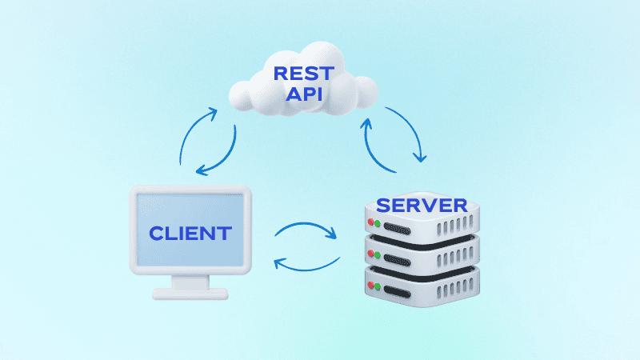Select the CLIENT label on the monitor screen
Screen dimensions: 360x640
point(190,234)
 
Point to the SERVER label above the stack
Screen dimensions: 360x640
point(422,205)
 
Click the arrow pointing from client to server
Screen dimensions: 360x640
point(305,230)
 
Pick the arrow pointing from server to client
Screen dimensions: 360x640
point(306,263)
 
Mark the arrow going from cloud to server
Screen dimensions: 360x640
point(413,132)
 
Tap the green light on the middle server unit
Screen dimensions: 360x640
point(378,255)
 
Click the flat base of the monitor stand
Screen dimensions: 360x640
point(190,293)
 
